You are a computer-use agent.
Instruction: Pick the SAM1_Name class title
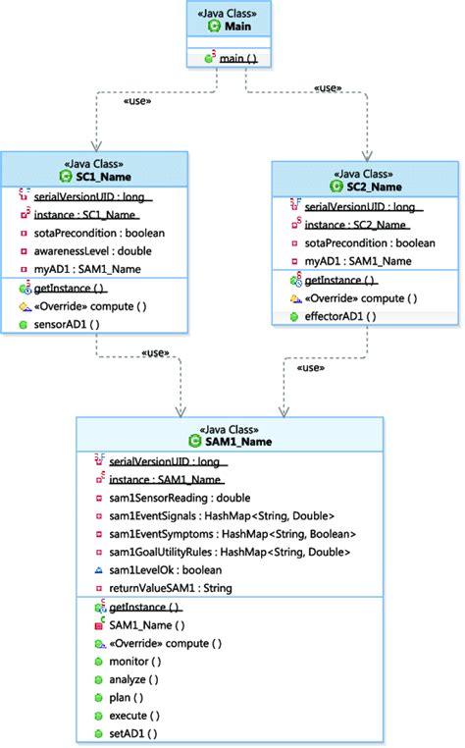click(x=230, y=442)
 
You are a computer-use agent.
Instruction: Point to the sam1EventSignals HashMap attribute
click(x=221, y=516)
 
